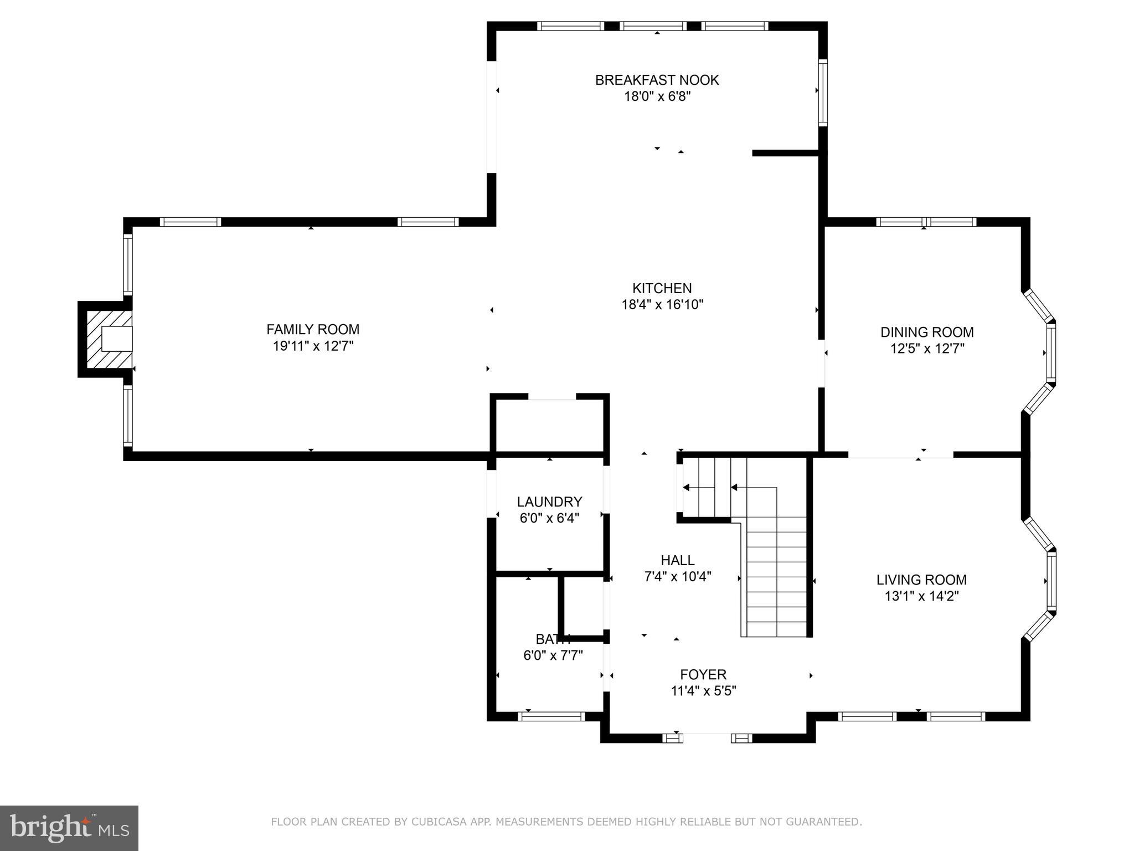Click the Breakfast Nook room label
coord(657,80)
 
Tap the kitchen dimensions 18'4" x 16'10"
coord(662,304)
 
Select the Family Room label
coord(313,330)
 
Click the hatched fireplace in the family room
coord(109,339)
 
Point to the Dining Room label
coord(927,332)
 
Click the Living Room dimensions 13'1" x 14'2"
coord(921,596)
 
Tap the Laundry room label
coord(549,502)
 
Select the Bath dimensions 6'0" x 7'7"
coord(553,655)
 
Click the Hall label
coord(677,560)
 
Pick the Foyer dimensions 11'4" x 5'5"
coord(703,691)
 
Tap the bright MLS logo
coord(69,828)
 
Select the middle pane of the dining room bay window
coord(1050,352)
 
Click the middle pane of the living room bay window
coord(1051,581)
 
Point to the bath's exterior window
coord(551,716)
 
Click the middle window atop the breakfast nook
coord(653,26)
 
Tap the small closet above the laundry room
coord(549,425)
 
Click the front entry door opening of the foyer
coord(707,737)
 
